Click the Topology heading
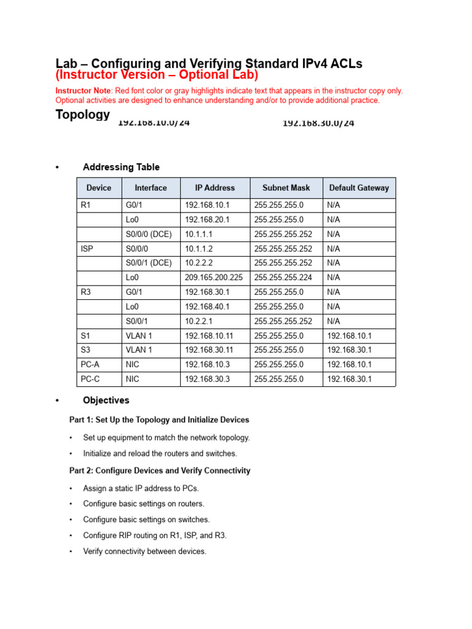pos(82,115)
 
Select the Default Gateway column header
pos(359,188)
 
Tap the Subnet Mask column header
pos(286,188)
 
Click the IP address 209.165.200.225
pos(214,277)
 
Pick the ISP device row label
pos(87,248)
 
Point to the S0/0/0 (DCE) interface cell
pos(149,234)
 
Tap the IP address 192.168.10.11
pos(209,335)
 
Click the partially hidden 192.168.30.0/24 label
pos(318,123)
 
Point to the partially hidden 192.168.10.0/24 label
pos(154,123)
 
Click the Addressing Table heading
pos(121,167)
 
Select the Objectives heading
pos(106,400)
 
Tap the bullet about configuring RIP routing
pos(155,535)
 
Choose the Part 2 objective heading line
pos(159,471)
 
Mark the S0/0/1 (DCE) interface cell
pos(149,263)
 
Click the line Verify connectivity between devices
pos(144,552)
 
